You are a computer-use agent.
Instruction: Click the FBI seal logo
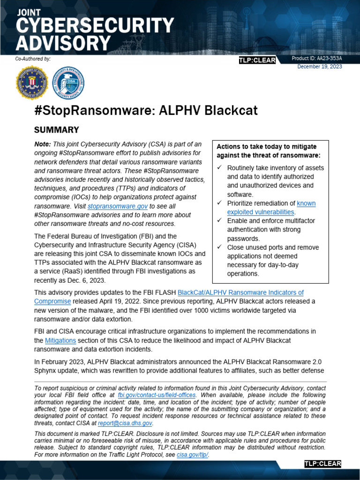[32, 82]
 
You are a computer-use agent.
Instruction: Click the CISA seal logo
[68, 82]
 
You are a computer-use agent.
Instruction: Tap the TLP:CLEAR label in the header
[257, 60]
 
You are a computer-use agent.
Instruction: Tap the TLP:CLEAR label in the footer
[322, 464]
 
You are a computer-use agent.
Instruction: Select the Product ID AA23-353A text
[317, 59]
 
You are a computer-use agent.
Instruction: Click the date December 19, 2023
[320, 67]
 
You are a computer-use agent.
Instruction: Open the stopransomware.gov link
[118, 206]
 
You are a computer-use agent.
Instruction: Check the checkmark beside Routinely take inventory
[220, 168]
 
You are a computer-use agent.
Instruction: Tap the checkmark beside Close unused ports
[220, 247]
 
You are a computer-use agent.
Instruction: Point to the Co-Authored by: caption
[33, 59]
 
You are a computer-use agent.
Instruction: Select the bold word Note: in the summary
[43, 144]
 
